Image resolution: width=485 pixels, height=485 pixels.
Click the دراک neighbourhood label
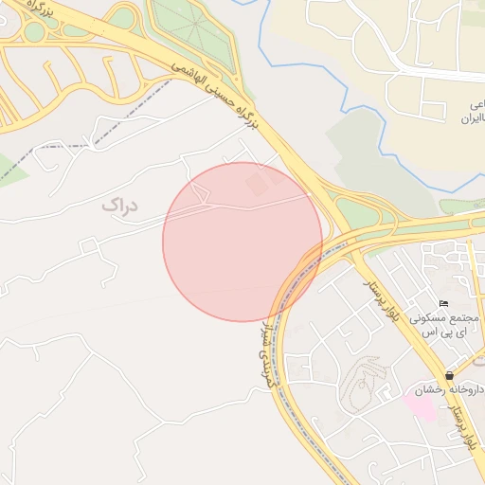119,204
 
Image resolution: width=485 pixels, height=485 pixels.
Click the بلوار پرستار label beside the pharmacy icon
469,417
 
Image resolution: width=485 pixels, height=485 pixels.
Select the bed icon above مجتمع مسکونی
443,303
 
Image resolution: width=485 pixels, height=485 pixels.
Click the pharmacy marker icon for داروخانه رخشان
448,375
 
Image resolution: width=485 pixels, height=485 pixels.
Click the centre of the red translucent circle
242,242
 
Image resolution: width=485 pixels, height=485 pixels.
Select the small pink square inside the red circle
254,181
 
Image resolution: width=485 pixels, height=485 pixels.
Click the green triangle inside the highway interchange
356,212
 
